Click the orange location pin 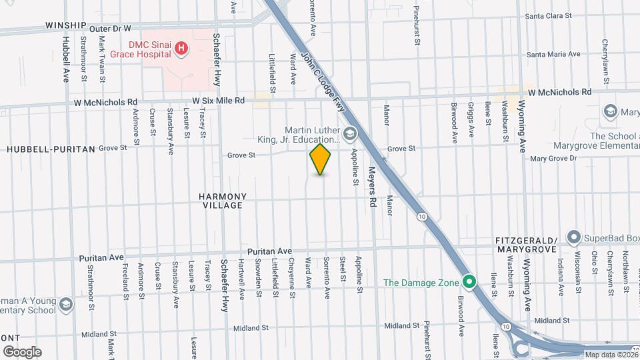[x=321, y=159]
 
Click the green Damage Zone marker [x=469, y=282]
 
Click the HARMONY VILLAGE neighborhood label [x=223, y=201]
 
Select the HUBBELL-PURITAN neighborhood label [x=51, y=149]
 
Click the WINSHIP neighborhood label [x=66, y=25]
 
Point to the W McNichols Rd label [x=559, y=93]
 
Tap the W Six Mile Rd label [x=219, y=101]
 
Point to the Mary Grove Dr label [x=553, y=159]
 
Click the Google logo [x=22, y=351]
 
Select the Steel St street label [x=342, y=268]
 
